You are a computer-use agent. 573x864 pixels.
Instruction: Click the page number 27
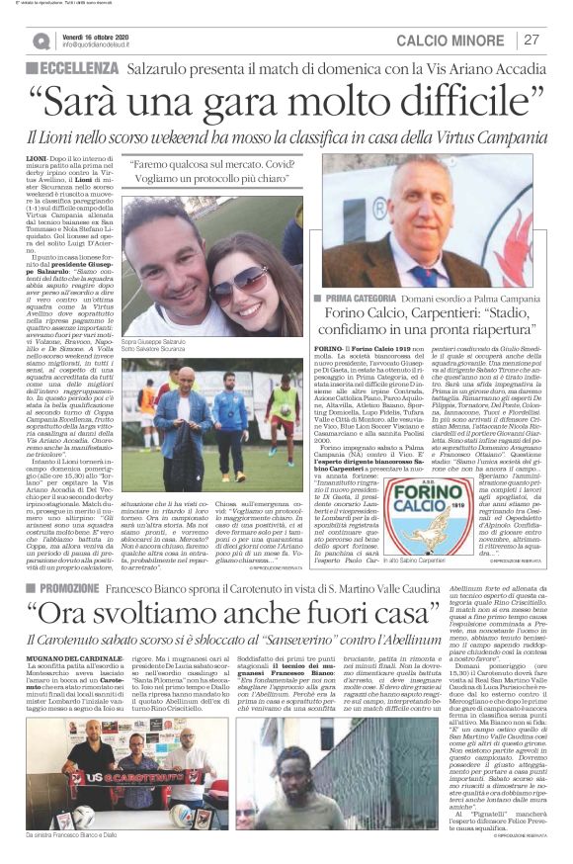[x=532, y=40]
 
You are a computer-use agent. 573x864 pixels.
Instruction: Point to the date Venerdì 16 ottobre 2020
[x=98, y=35]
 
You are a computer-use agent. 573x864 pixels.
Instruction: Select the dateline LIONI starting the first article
[x=38, y=156]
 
